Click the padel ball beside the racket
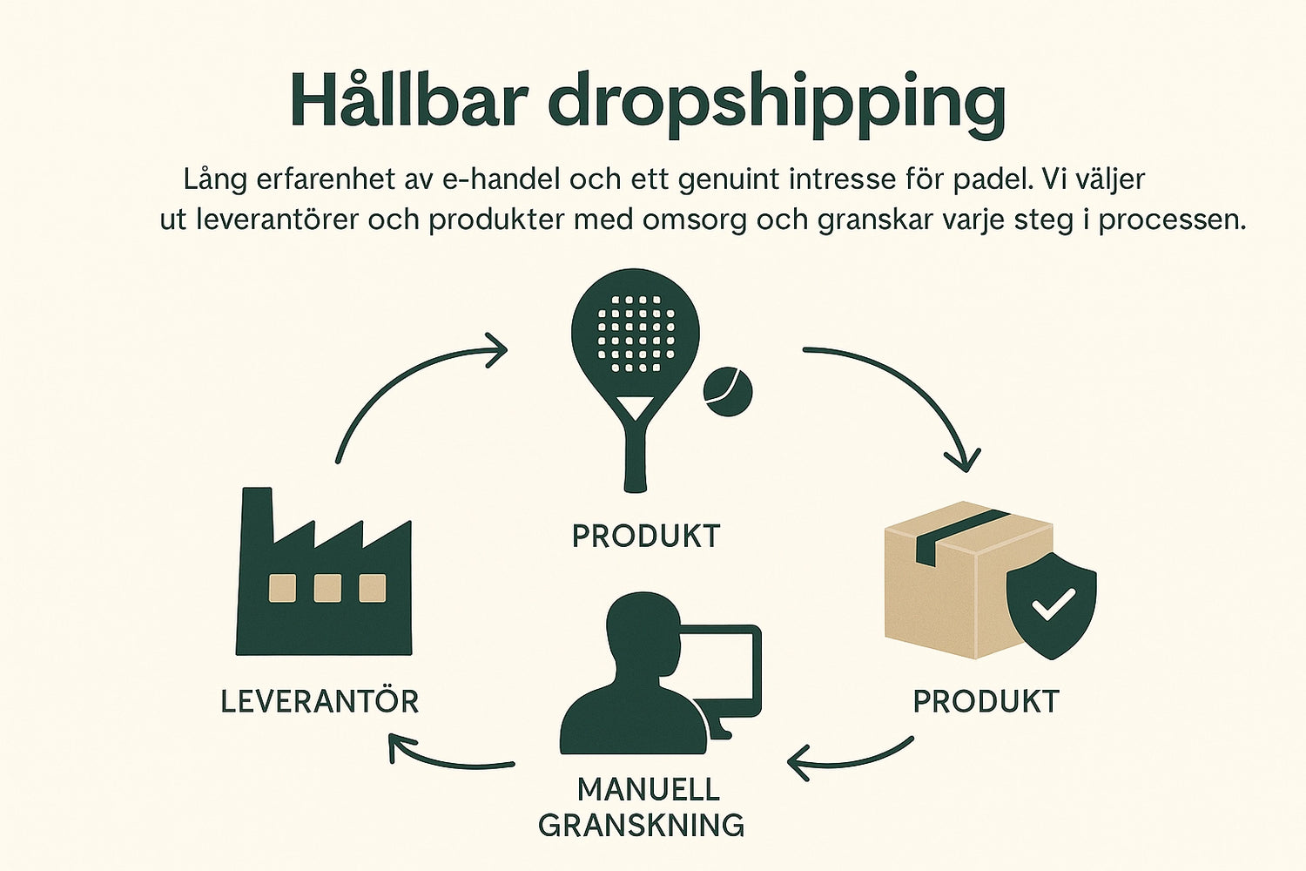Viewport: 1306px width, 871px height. coord(728,391)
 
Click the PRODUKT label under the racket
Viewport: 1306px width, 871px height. coord(646,537)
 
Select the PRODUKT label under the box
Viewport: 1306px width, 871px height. coord(986,701)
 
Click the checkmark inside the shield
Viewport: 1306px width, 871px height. coord(1053,604)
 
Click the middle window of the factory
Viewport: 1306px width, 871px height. coord(327,588)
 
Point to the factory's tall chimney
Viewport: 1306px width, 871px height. coord(257,519)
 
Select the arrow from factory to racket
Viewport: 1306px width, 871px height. coord(402,374)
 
